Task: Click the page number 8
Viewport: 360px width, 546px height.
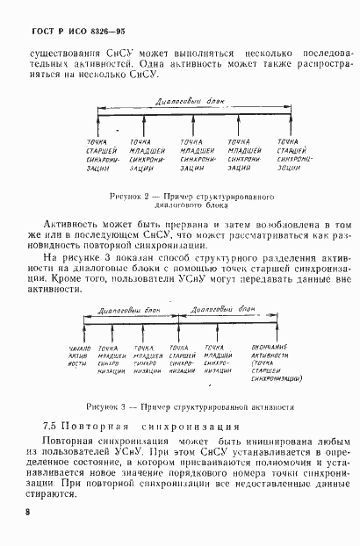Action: pos(29,512)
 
